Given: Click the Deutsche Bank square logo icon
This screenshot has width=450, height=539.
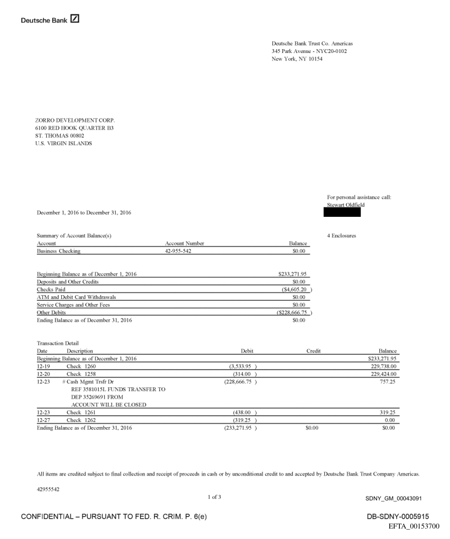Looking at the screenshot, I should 74,19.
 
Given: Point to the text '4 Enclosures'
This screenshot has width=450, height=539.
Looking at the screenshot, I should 341,236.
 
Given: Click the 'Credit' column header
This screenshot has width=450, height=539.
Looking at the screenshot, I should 313,350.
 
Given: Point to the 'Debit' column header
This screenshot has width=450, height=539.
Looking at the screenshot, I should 247,350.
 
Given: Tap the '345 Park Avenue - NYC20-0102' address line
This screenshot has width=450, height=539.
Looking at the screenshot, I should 309,51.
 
